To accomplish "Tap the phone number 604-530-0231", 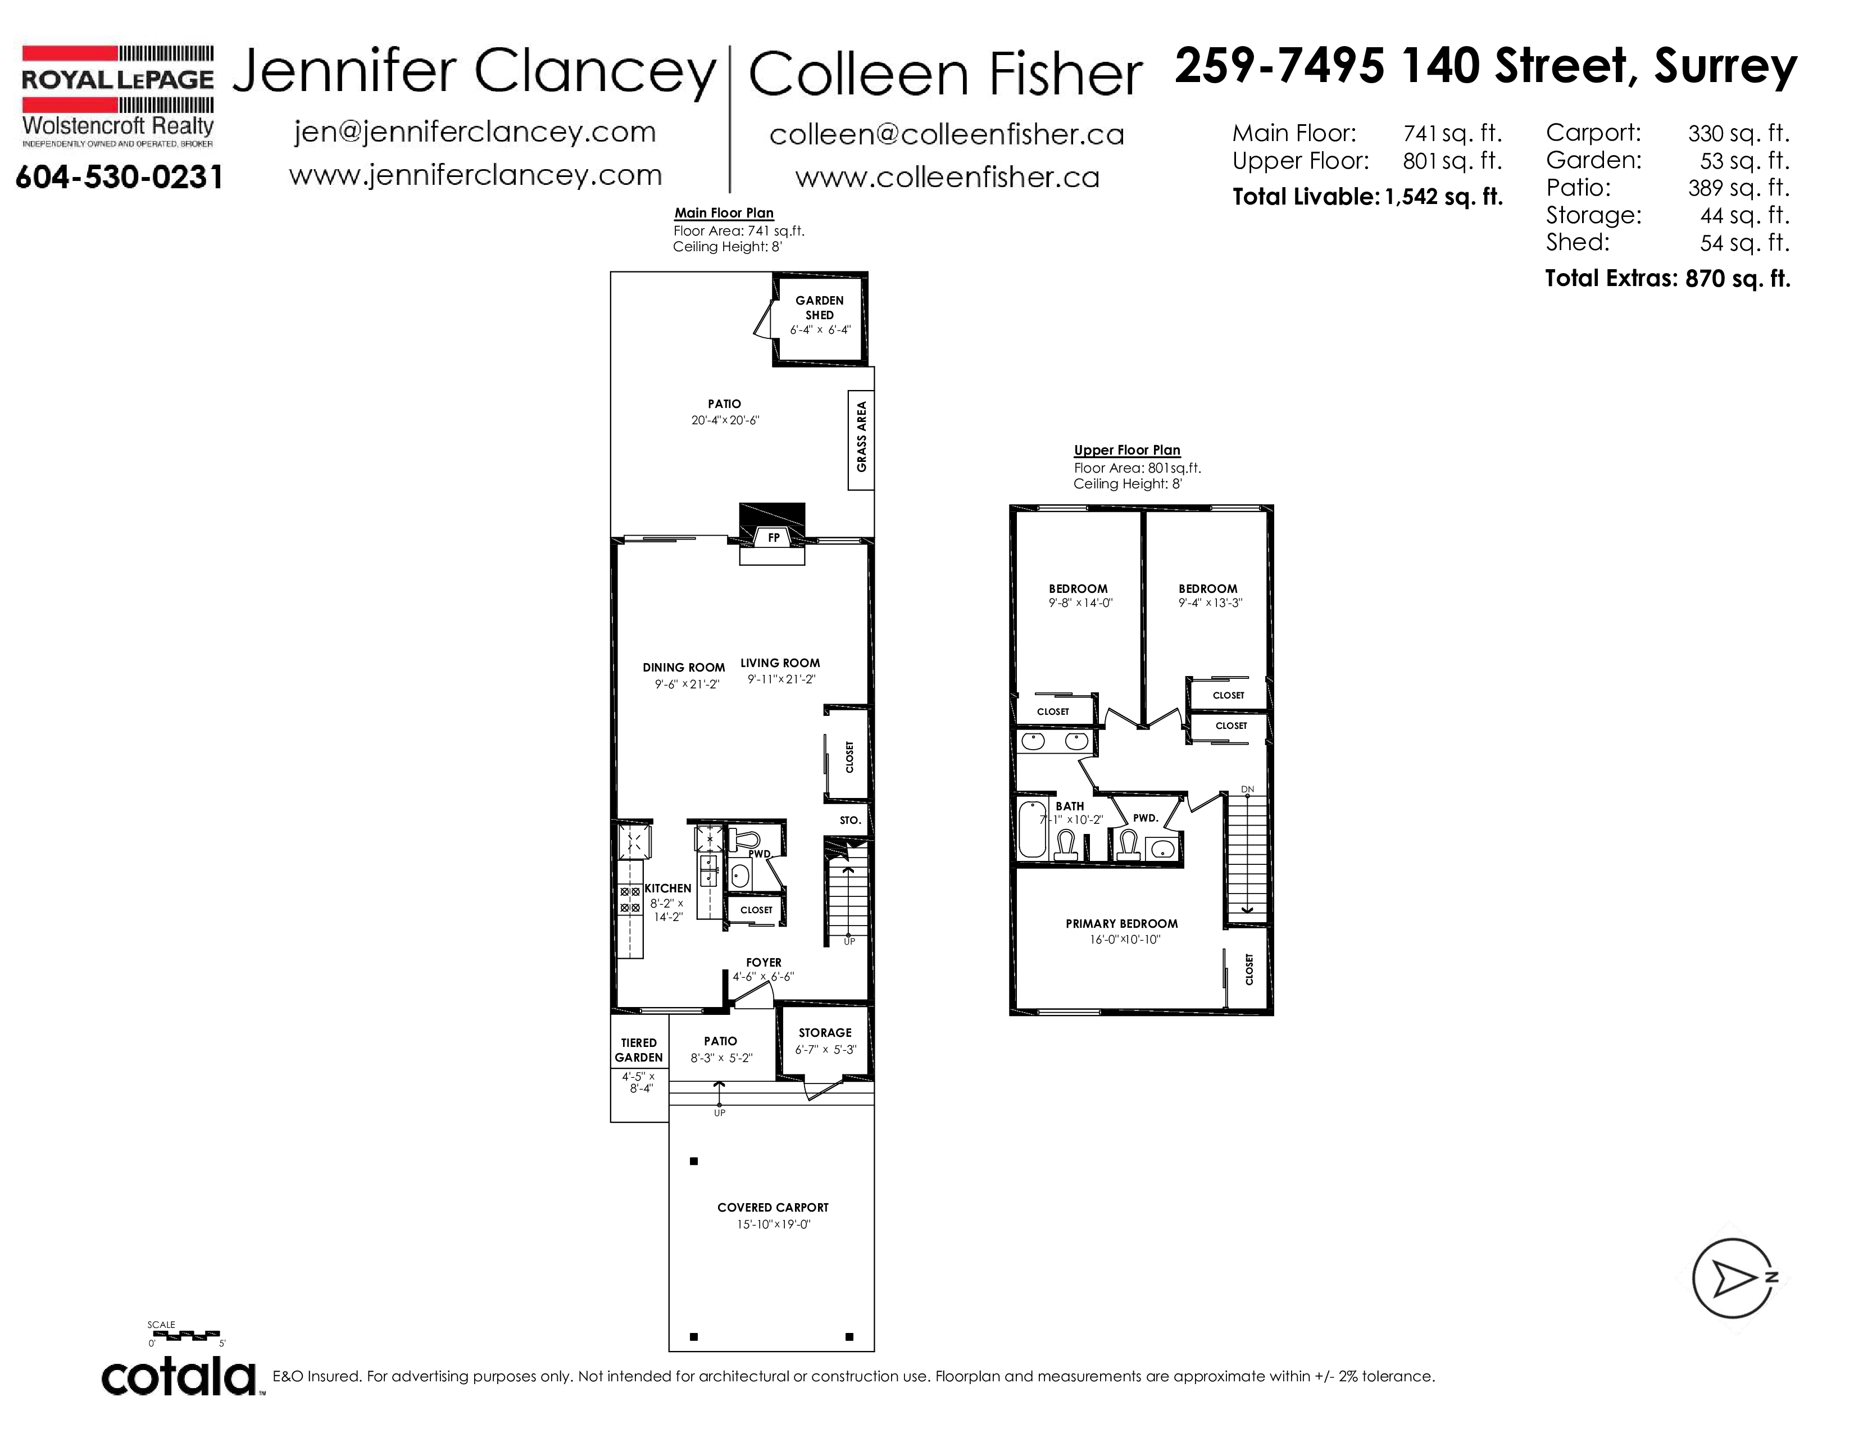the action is [119, 178].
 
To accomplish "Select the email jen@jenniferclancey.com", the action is [475, 133].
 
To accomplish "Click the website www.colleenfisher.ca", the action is [947, 176].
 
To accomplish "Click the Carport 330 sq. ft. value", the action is [1739, 133].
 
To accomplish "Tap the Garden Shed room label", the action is [819, 307].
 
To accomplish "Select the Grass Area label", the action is [862, 436].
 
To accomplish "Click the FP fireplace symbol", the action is [774, 537].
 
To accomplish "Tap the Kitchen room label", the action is [668, 888].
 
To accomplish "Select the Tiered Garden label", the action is [638, 1050].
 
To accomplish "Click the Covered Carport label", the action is [772, 1207].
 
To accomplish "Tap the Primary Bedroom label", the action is [1121, 924].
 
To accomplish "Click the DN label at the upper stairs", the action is [1247, 790].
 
